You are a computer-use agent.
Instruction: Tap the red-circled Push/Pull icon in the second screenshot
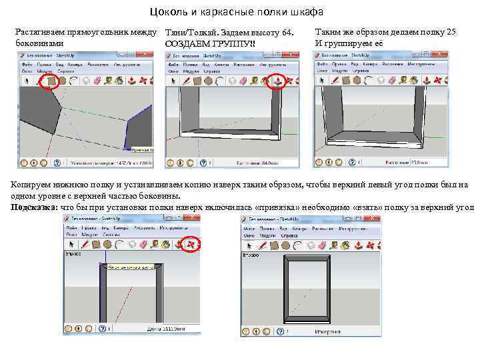pyautogui.click(x=277, y=81)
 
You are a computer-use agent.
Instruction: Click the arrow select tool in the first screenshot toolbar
pyautogui.click(x=26, y=81)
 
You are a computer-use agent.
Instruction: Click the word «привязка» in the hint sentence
pyautogui.click(x=276, y=207)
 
